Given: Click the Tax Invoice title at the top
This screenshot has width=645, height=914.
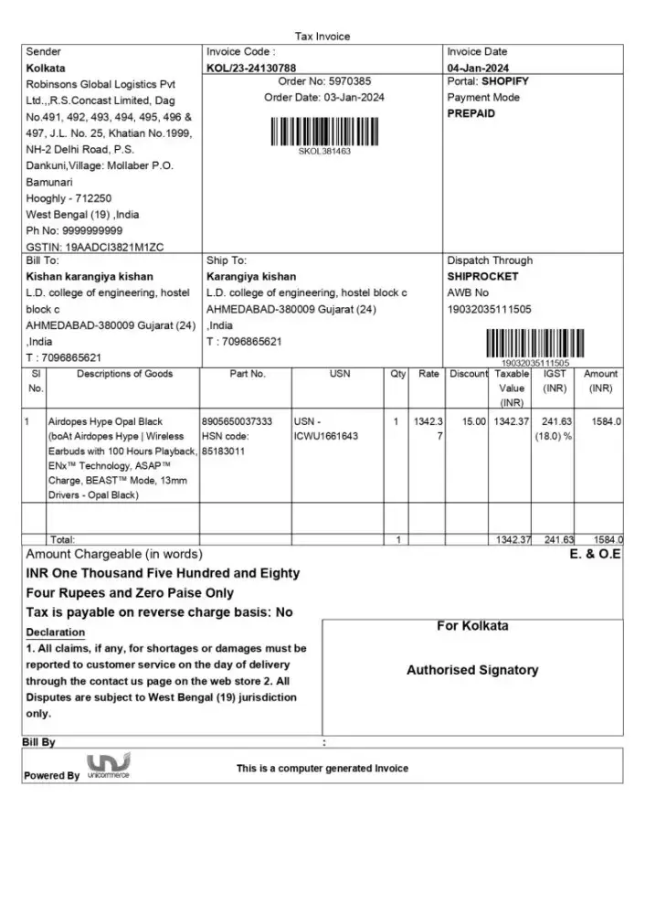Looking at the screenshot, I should [322, 37].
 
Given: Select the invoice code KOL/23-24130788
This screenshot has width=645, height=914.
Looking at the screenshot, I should [251, 68].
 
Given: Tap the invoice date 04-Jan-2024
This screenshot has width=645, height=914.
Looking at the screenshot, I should [478, 68].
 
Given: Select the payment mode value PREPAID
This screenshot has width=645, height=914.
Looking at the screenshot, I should [471, 113].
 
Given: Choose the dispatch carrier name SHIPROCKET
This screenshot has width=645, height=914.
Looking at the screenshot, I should [482, 276].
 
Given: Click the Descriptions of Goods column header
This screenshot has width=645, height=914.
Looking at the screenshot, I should [124, 374].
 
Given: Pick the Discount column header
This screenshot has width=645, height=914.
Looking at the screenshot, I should [469, 374].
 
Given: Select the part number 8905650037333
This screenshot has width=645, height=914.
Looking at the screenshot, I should [238, 421].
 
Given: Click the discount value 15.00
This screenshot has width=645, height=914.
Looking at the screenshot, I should [473, 421].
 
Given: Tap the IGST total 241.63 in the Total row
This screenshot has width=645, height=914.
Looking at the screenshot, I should [557, 540].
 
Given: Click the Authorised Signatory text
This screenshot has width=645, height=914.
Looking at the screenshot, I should [472, 670].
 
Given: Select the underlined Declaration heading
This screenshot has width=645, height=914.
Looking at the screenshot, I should [55, 632].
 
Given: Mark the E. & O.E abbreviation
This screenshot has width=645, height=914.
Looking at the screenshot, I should [595, 555].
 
